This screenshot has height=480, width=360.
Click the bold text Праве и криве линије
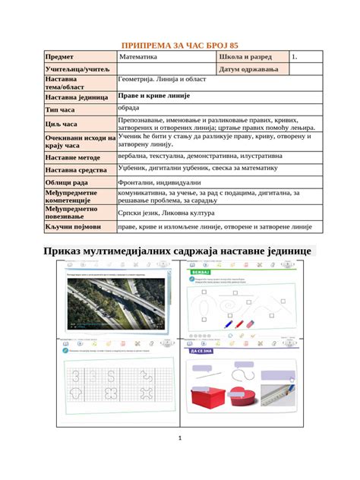click(154, 96)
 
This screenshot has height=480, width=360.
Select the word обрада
click(129, 109)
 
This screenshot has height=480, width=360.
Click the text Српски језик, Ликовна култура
click(168, 212)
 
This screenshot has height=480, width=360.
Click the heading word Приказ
click(66, 251)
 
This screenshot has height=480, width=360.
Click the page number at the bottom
click(180, 439)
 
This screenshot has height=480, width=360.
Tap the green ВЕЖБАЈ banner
click(195, 270)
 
